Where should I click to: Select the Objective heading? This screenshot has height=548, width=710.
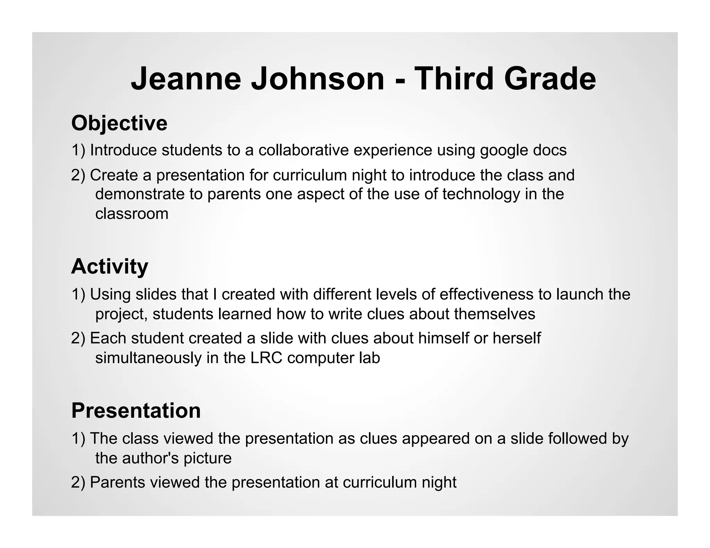(x=119, y=123)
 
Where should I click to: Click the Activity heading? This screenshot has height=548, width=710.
(x=110, y=267)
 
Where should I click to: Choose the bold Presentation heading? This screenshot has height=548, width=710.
(x=136, y=411)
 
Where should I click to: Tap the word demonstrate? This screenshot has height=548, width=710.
(x=140, y=194)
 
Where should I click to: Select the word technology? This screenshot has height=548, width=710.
(x=481, y=195)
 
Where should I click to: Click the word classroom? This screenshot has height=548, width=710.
(x=132, y=214)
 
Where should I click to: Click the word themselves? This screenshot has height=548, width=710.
(x=495, y=314)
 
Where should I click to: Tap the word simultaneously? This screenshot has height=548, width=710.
(x=148, y=358)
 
